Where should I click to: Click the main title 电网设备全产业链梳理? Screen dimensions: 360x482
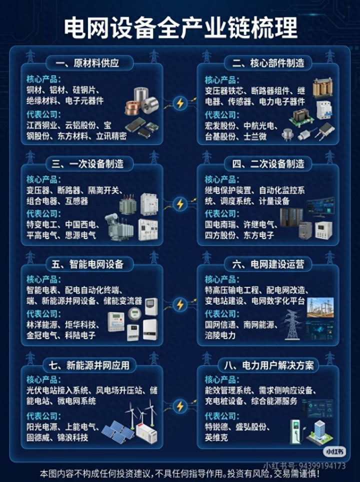tap(180, 27)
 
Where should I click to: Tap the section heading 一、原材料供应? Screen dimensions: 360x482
tap(87, 63)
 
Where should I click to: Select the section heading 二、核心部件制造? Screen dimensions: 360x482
tap(268, 63)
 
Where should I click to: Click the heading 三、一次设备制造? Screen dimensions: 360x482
tap(87, 163)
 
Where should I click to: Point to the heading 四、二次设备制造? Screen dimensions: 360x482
tap(268, 163)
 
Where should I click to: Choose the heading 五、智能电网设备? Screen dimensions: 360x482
tap(87, 264)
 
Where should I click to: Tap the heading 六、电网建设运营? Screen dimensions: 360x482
tap(268, 264)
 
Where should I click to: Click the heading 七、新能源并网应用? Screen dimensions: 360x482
tap(89, 365)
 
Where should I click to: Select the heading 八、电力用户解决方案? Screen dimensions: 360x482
tap(268, 365)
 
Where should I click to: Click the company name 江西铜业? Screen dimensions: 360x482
tap(42, 125)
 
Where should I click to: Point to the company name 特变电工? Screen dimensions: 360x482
tap(42, 224)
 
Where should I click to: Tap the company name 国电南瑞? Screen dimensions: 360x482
tap(220, 224)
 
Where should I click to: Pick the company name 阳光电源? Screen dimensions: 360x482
tap(42, 426)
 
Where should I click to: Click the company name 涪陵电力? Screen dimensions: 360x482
tap(220, 335)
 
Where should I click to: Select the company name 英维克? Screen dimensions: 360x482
tap(216, 437)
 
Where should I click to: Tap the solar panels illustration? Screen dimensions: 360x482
tap(117, 432)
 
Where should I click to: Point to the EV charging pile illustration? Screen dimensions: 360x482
tap(296, 432)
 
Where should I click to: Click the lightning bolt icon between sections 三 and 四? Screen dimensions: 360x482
tap(180, 204)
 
